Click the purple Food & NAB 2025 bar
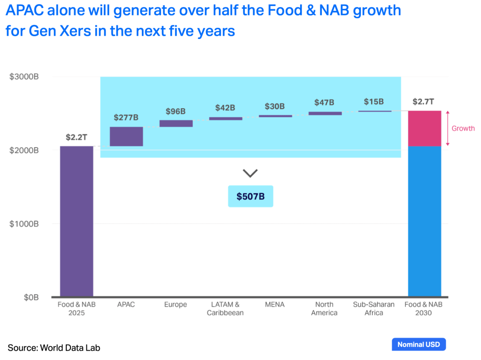[x=77, y=221]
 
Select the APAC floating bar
[x=126, y=136]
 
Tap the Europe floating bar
[x=176, y=124]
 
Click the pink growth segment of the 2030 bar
[x=424, y=128]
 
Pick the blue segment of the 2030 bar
[x=424, y=221]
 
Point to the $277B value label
[x=126, y=117]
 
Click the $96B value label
[x=176, y=111]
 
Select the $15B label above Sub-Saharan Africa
[x=374, y=102]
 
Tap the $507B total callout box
[x=250, y=196]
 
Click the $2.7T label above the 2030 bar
[x=424, y=102]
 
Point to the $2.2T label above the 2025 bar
[x=77, y=137]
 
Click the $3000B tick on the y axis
[x=24, y=77]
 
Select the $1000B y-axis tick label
[x=24, y=224]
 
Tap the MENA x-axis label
[x=274, y=305]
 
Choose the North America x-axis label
[x=324, y=308]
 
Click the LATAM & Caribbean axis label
[x=225, y=308]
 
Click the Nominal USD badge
[x=419, y=344]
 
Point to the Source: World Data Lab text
[x=54, y=348]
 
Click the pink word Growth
[x=463, y=128]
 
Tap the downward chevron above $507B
[x=250, y=173]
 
